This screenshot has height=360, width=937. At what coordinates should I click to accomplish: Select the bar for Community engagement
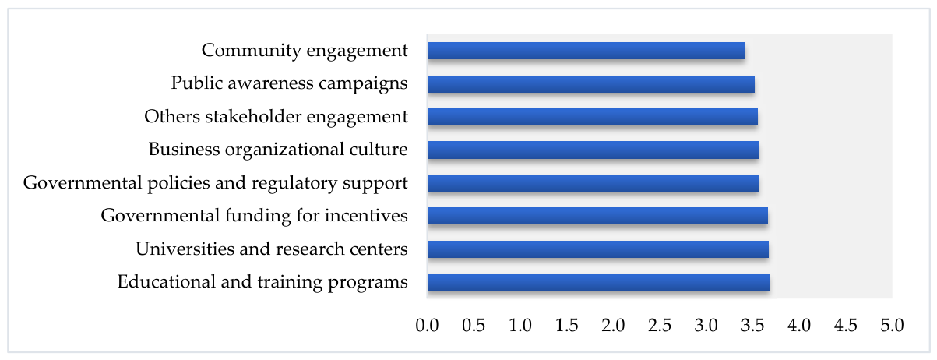pos(587,51)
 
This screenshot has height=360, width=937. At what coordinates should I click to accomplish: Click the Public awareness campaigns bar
pos(591,83)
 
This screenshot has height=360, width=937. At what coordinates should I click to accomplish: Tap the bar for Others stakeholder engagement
pos(593,117)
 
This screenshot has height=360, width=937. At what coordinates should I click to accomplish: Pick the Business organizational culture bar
pos(594,150)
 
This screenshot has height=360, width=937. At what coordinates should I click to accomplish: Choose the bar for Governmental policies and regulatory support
pos(594,183)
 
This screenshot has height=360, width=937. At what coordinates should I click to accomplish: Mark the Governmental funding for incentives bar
pos(597,216)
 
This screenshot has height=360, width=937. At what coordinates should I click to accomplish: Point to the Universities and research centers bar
pos(598,249)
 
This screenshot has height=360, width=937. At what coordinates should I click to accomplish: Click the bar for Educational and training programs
pos(599,282)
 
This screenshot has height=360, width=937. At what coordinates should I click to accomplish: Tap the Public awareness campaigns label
pos(290,83)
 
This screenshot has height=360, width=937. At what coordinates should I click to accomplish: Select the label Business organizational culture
pos(278,150)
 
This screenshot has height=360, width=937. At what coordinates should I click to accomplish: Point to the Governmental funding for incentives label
pos(255,216)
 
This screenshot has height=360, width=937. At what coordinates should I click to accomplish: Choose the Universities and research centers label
pos(272,249)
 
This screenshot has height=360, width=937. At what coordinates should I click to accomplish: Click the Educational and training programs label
pos(262,282)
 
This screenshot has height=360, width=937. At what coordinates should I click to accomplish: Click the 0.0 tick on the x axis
pos(427,325)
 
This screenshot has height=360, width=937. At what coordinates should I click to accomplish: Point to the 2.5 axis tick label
pos(660,325)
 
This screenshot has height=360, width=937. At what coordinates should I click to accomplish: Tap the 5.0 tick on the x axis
pos(893,325)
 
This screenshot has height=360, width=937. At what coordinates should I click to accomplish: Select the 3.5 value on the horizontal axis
pos(752,325)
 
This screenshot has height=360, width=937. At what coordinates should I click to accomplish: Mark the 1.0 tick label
pos(520,325)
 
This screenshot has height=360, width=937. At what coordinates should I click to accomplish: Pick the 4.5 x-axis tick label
pos(846,325)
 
